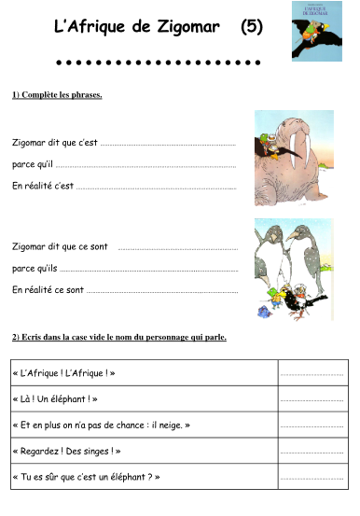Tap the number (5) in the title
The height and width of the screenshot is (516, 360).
click(x=251, y=27)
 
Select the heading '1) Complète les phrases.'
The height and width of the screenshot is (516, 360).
click(x=57, y=95)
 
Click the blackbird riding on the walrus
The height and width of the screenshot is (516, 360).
click(x=270, y=140)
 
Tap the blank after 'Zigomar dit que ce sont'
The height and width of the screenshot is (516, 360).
click(x=177, y=248)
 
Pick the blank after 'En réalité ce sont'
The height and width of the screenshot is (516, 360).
click(x=162, y=291)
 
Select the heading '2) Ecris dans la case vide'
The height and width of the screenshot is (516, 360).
click(x=119, y=337)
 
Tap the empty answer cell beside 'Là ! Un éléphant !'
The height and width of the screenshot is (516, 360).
click(x=312, y=399)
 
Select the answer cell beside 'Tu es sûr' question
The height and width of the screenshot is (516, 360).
click(x=312, y=477)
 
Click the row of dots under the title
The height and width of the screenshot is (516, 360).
click(x=158, y=63)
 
